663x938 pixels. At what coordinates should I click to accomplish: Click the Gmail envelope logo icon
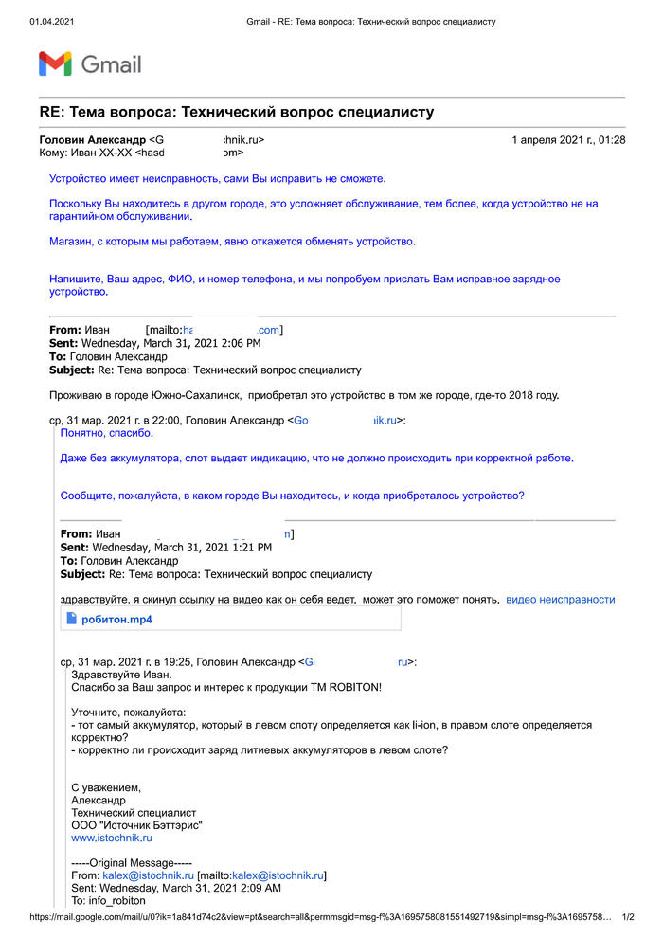coord(55,63)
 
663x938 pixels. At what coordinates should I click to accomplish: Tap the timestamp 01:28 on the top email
coord(610,140)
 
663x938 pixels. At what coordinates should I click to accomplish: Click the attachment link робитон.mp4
coord(116,620)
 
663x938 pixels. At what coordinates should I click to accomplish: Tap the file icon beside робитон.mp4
coord(70,620)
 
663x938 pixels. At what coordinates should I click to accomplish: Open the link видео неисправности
coord(560,599)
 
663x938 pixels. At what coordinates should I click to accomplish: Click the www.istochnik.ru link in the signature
coord(112,838)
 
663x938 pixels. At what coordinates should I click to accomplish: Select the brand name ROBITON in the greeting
coord(354,686)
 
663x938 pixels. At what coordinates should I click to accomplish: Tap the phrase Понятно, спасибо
coord(106,433)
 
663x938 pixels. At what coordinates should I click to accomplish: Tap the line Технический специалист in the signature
coord(134,812)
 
